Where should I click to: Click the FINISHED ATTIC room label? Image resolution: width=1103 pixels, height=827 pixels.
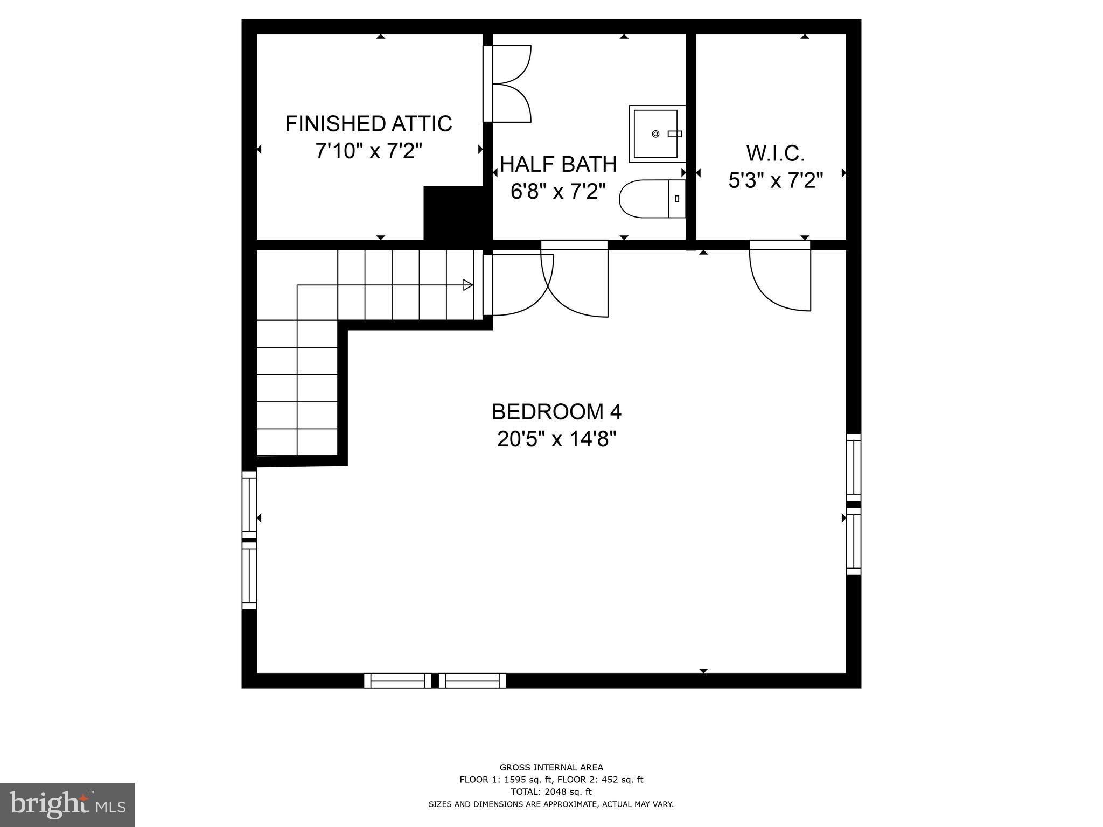pos(368,124)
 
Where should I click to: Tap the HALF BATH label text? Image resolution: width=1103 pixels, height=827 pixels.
pos(559,165)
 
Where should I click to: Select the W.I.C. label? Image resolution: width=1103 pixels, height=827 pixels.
pos(776,154)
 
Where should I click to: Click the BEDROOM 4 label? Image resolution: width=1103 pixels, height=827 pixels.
pos(556,412)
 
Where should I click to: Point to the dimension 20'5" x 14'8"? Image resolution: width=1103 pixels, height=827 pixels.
pos(556,439)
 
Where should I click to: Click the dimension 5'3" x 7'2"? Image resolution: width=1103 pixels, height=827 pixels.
pos(776,181)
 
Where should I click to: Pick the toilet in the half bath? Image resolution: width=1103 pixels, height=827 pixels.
pos(652,199)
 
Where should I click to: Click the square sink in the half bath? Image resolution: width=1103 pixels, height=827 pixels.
pos(656,134)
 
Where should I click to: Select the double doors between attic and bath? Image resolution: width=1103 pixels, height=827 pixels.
pos(509,84)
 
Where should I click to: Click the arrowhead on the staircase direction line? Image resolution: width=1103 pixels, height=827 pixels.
pos(468,285)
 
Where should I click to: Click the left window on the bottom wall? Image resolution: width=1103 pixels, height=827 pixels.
pos(397,681)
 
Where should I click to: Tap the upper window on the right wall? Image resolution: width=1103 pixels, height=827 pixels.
pos(854,467)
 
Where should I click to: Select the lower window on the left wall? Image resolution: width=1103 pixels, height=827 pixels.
pos(249,575)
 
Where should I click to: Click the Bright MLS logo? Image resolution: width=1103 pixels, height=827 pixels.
pos(67,805)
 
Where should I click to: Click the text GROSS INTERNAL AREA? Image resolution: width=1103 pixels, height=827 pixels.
pos(551,767)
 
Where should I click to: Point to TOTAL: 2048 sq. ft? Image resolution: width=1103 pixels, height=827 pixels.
pos(551,791)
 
